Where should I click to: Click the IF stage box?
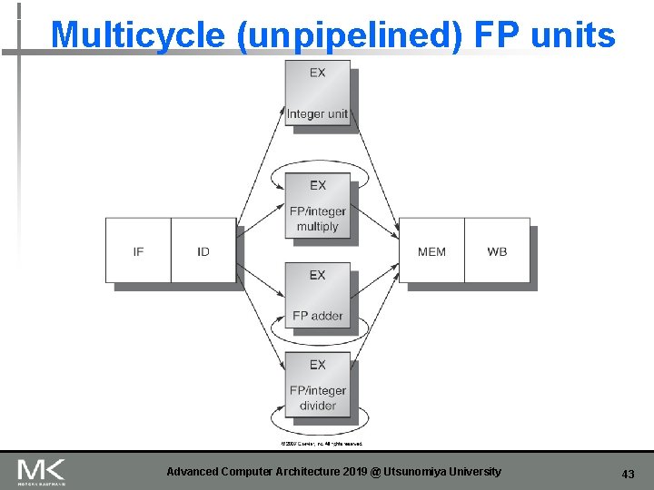pyautogui.click(x=138, y=250)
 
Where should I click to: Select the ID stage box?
pyautogui.click(x=203, y=250)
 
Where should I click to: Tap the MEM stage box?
pyautogui.click(x=431, y=250)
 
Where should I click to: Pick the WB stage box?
pyautogui.click(x=497, y=250)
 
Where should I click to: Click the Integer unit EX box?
pyautogui.click(x=317, y=93)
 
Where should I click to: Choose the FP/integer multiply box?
pyautogui.click(x=317, y=208)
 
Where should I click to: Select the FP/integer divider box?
pyautogui.click(x=317, y=386)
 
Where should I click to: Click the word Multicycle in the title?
pyautogui.click(x=137, y=35)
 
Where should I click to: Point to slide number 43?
pyautogui.click(x=628, y=474)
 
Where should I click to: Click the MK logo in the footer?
pyautogui.click(x=41, y=472)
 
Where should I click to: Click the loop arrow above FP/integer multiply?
pyautogui.click(x=317, y=164)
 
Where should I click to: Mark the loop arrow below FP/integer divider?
pyautogui.click(x=317, y=428)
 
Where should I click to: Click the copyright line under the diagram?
pyautogui.click(x=321, y=444)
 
